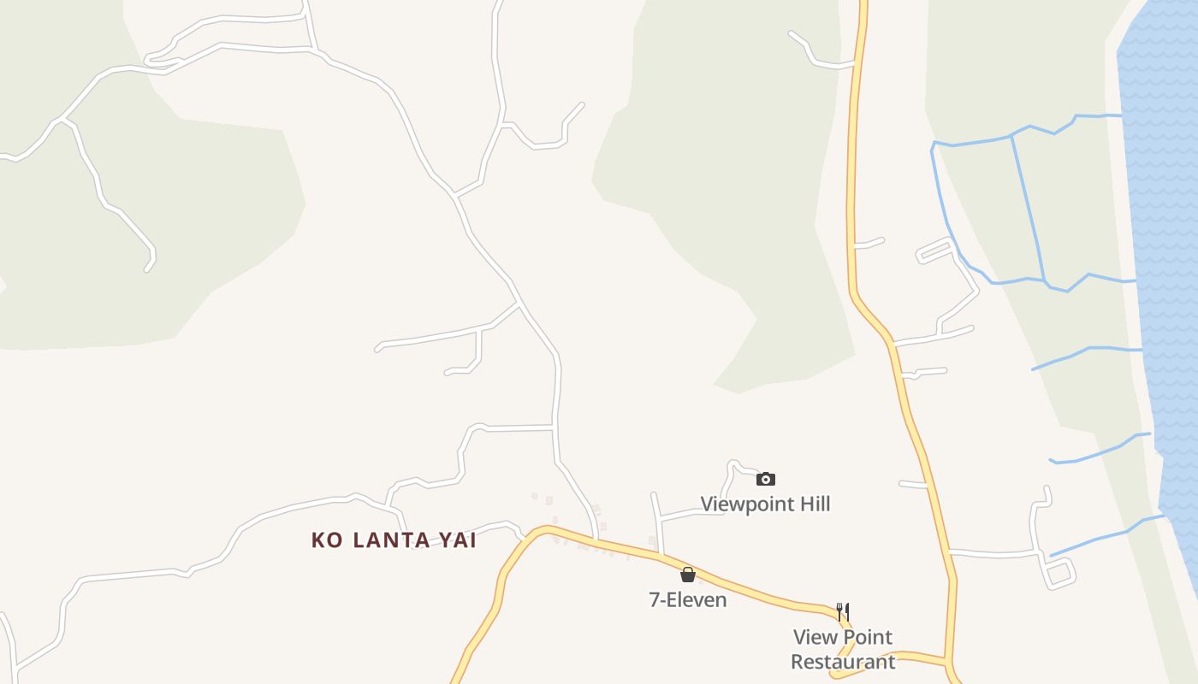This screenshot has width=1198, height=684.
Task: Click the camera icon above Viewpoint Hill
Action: click(x=766, y=479)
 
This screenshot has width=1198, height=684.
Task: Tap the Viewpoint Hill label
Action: click(x=765, y=504)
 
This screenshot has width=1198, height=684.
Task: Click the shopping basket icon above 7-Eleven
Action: click(x=688, y=575)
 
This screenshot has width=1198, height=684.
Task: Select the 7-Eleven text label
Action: click(x=688, y=599)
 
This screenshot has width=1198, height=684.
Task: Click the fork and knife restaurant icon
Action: click(x=843, y=611)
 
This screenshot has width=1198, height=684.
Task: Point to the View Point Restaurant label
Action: click(x=843, y=649)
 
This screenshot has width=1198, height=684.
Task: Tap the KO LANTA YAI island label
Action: click(x=394, y=540)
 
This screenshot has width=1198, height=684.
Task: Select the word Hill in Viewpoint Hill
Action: click(x=814, y=504)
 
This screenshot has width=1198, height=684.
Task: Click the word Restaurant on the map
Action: click(x=843, y=662)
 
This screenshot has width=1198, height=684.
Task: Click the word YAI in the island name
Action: click(x=457, y=540)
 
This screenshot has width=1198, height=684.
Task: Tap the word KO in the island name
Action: click(x=327, y=540)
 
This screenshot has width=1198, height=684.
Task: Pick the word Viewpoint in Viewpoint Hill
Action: click(x=746, y=504)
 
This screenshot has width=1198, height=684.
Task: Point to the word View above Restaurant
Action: click(x=814, y=637)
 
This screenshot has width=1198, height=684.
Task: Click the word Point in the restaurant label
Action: click(x=866, y=637)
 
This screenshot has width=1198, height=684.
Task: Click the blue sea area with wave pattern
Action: click(x=1164, y=214)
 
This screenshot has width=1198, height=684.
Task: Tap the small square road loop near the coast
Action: click(x=1059, y=572)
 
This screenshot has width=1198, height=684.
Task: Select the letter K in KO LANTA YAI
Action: click(x=319, y=540)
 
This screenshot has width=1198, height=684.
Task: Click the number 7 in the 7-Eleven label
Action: click(x=655, y=599)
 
